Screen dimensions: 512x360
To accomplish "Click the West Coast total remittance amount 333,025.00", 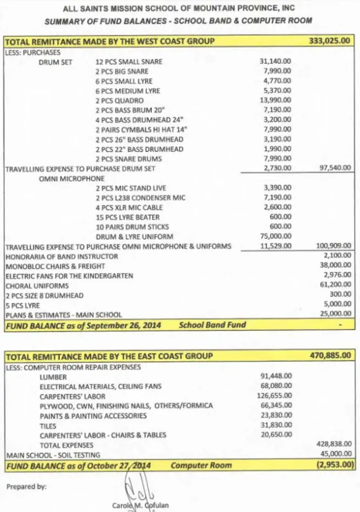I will (329, 41).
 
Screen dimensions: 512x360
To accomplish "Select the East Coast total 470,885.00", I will (329, 356).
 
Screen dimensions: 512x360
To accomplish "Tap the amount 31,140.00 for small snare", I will (275, 62).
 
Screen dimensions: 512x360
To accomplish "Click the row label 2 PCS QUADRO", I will (119, 100).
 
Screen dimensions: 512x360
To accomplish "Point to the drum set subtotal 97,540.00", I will (334, 169).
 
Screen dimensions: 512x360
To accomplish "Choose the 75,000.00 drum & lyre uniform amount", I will (275, 237).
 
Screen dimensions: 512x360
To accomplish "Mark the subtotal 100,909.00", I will (333, 246).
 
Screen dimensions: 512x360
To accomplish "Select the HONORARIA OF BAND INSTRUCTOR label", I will (62, 256).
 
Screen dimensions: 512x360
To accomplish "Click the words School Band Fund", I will (212, 325).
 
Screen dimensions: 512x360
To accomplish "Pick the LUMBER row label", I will (53, 376).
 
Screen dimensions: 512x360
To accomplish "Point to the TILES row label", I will (48, 425).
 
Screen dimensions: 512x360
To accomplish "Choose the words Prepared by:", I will (26, 487).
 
